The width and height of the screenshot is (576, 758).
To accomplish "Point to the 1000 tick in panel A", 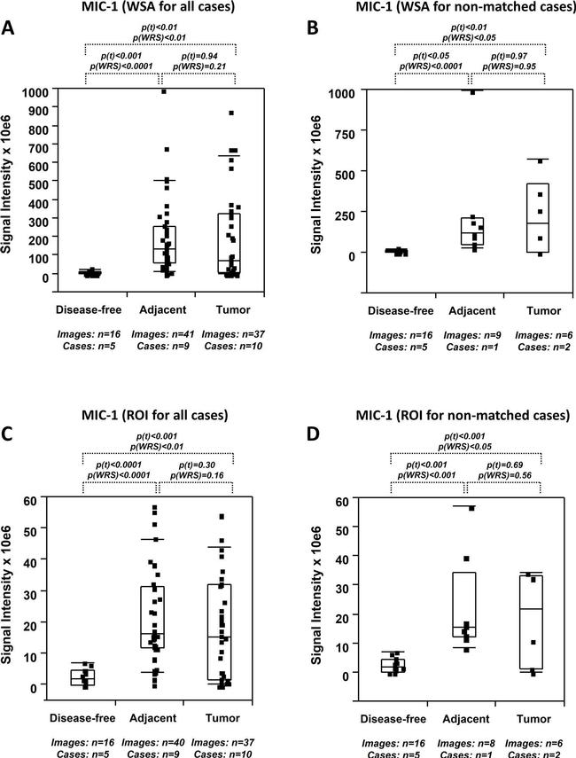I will click(38, 91).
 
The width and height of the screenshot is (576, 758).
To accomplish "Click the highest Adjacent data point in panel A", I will click(162, 91).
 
